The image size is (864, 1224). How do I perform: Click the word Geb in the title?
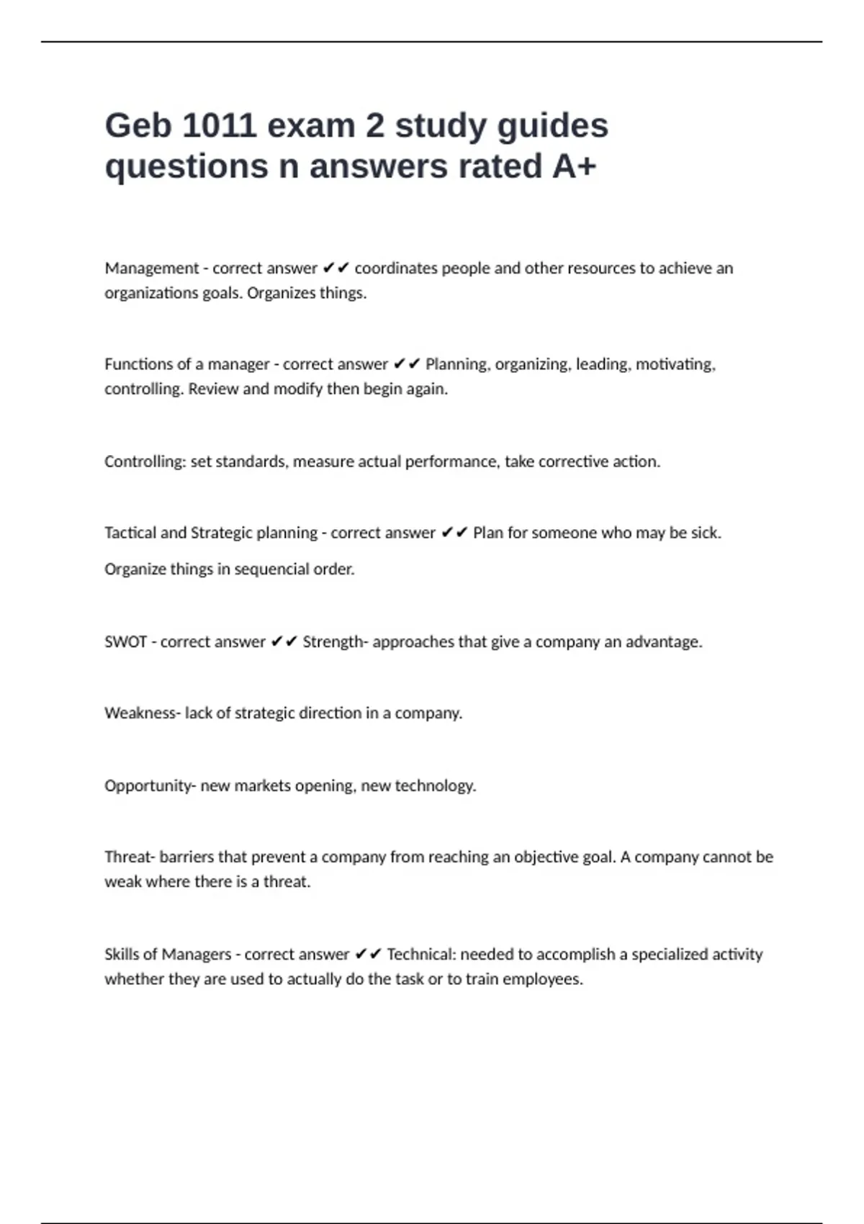point(138,126)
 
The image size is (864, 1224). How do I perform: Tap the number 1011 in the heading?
point(219,126)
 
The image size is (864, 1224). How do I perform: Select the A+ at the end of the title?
point(574,166)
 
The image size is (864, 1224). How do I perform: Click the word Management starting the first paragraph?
point(151,269)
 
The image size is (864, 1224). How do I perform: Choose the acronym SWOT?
point(126,642)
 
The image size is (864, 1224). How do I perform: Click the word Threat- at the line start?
point(130,857)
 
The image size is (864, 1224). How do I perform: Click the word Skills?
point(122,954)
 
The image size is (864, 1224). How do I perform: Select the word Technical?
point(421,954)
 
